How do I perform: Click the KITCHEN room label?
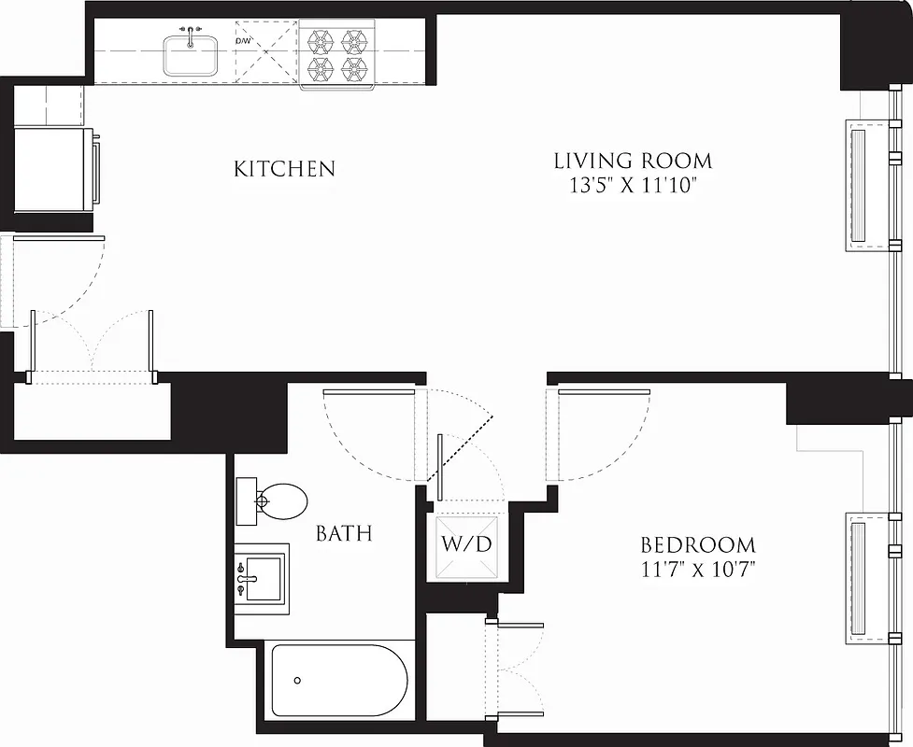tap(284, 169)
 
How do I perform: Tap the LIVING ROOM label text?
tap(633, 161)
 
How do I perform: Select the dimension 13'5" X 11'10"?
tap(634, 185)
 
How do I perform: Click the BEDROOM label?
tap(697, 544)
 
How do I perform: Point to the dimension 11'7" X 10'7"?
tap(697, 569)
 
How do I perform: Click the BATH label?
tap(344, 533)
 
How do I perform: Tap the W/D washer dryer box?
tap(466, 544)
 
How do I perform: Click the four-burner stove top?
tap(337, 54)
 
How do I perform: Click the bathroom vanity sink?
tap(261, 577)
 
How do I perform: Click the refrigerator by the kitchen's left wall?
tap(52, 168)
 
